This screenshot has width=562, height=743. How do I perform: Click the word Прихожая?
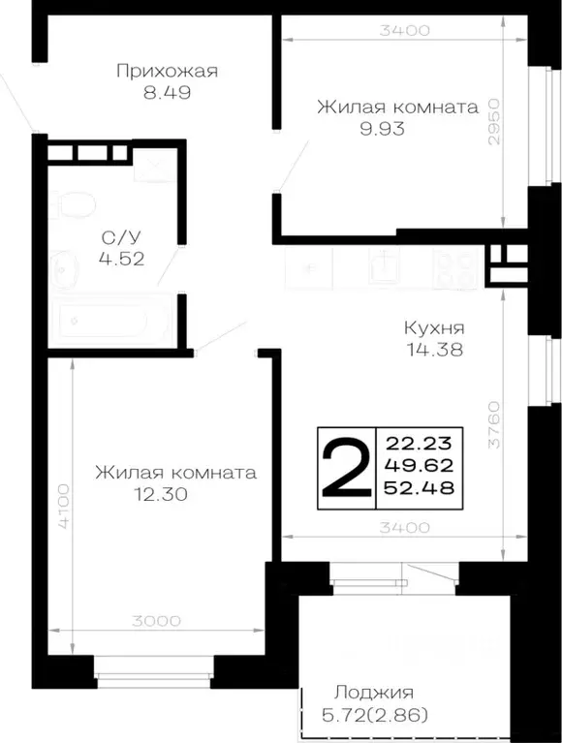(x=167, y=71)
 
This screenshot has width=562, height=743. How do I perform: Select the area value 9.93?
(x=380, y=129)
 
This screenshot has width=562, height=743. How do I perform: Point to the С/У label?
(x=118, y=236)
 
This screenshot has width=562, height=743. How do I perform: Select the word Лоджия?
(x=374, y=692)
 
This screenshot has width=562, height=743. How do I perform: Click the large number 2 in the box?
(x=345, y=466)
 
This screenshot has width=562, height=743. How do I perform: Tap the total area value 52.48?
(x=420, y=487)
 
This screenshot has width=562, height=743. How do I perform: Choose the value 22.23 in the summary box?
(x=420, y=444)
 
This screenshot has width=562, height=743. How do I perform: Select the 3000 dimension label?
(x=154, y=621)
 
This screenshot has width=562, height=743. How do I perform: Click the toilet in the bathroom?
(x=74, y=206)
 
